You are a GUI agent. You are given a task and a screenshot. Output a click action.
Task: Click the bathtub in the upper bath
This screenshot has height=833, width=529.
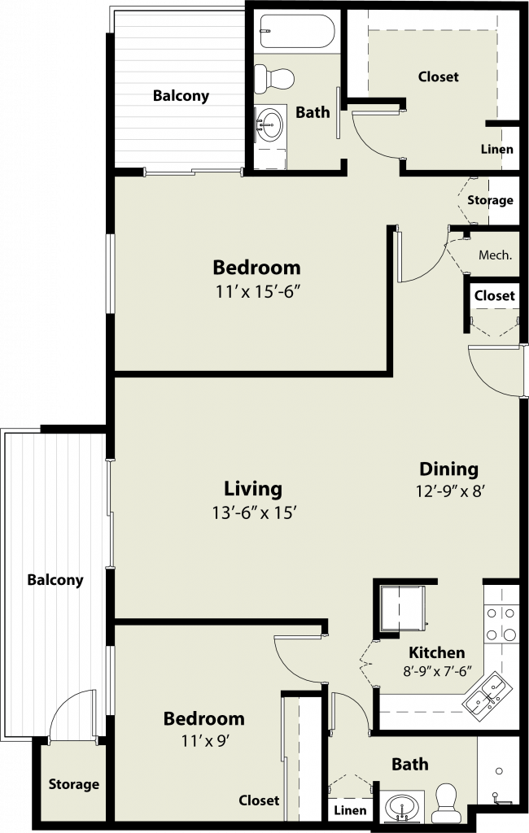tap(297, 31)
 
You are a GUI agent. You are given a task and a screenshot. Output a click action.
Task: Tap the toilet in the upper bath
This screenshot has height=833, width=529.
tap(273, 79)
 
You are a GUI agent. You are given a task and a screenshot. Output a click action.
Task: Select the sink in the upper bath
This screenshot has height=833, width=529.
tap(270, 124)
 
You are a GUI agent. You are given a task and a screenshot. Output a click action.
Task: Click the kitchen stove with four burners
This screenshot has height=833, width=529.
tap(501, 623)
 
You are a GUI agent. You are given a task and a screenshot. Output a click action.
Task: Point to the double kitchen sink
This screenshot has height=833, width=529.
tap(487, 692)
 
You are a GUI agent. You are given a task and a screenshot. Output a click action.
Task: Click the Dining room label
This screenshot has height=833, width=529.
tap(448, 469)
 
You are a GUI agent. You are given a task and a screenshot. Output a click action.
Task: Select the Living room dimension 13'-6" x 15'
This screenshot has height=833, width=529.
tap(254, 512)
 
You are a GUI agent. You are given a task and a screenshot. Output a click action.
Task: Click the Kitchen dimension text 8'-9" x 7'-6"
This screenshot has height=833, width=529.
tap(437, 671)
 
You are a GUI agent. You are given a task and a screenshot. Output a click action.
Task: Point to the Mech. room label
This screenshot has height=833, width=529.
tap(495, 255)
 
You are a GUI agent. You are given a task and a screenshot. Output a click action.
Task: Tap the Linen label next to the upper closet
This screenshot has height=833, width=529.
tap(497, 150)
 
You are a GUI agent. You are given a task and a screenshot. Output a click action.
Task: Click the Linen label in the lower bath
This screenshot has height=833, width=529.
tap(350, 810)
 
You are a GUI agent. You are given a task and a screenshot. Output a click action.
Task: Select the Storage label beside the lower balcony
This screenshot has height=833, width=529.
tap(74, 784)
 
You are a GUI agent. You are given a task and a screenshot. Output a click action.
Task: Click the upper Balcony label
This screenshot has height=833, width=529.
tap(181, 96)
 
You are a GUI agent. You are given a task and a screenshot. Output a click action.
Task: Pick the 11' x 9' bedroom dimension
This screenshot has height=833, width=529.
tap(205, 740)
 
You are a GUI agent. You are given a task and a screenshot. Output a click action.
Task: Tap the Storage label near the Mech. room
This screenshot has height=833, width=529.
tap(490, 200)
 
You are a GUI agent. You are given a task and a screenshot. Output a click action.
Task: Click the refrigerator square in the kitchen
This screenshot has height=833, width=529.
tap(404, 608)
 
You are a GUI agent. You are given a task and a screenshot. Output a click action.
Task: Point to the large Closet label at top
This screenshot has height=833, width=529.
tap(438, 76)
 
